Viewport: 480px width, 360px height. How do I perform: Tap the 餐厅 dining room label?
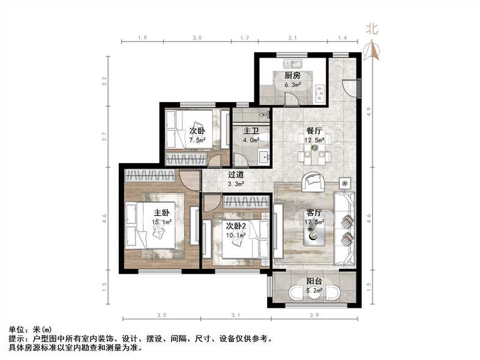click(315, 130)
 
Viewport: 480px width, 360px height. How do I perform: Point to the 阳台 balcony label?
click(315, 281)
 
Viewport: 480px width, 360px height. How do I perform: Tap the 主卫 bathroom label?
click(251, 130)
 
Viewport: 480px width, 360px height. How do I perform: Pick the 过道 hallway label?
click(235, 175)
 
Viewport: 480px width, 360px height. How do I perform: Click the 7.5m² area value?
click(197, 140)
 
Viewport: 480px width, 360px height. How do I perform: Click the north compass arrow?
click(373, 50)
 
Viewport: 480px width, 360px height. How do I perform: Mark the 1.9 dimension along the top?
click(143, 38)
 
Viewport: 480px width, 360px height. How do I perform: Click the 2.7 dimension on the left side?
click(104, 136)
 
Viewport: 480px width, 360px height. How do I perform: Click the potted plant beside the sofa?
click(344, 182)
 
